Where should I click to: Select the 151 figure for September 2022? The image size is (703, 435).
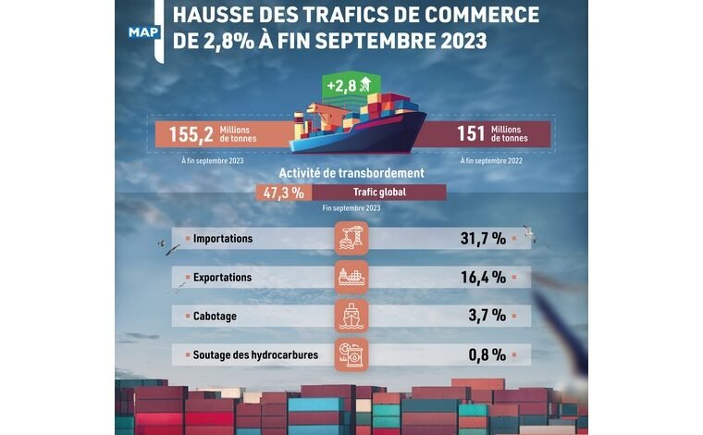470,134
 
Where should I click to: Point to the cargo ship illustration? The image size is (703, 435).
356,125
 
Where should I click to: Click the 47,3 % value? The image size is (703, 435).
284,193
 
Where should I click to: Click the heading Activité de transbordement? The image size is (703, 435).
351,173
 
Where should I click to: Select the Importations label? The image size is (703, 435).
223,239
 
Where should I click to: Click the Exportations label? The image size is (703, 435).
222,277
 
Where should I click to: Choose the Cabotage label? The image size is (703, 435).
215,316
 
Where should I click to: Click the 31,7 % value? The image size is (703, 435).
483,239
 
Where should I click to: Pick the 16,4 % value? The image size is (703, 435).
483,277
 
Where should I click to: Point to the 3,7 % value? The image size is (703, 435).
487,316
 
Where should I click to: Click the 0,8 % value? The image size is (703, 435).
487,354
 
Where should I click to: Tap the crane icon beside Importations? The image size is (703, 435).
351,239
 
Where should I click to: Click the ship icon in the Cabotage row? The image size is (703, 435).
351,316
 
